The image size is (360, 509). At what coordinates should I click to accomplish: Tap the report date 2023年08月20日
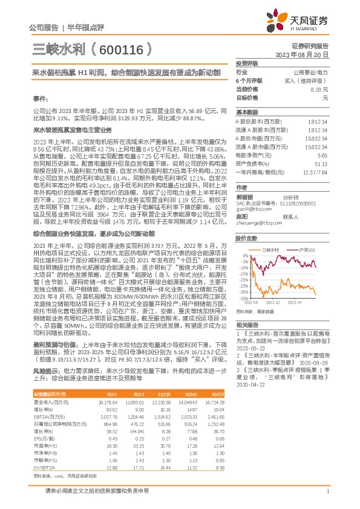pyautogui.click(x=308, y=54)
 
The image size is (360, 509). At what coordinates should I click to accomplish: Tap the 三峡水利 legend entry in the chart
pyautogui.click(x=273, y=250)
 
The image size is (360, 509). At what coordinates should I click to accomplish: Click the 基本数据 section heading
pyautogui.click(x=246, y=112)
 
